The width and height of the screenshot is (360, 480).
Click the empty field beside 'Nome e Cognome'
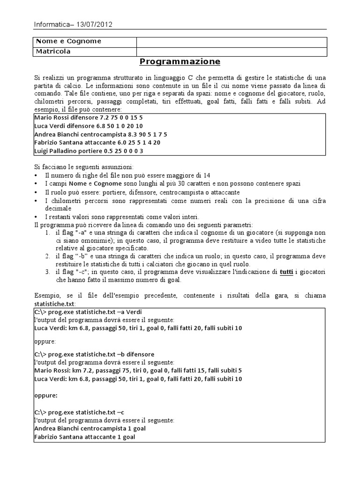pos(232,41)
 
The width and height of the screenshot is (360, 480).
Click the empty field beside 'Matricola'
pos(232,51)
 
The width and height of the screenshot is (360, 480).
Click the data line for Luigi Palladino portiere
pos(89,151)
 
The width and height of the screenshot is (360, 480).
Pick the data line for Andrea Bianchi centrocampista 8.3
pos(101,134)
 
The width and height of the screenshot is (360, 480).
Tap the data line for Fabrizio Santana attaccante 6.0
pos(97,142)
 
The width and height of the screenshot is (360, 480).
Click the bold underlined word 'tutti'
pos(286,272)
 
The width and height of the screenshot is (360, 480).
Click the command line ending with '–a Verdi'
pos(88,312)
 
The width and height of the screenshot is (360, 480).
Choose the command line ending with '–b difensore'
pos(94,354)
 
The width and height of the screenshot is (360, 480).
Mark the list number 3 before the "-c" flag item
pos(48,272)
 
